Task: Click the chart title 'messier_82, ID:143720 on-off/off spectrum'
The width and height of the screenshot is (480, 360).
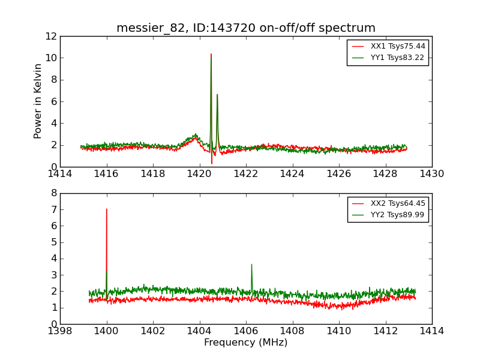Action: pyautogui.click(x=246, y=28)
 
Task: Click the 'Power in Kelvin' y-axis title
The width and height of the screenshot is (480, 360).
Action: pyautogui.click(x=38, y=101)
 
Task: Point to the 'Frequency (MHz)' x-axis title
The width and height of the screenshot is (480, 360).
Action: pyautogui.click(x=246, y=343)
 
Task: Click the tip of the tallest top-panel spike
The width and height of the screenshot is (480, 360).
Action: pyautogui.click(x=211, y=54)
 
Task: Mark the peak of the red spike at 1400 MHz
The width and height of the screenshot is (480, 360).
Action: pyautogui.click(x=107, y=209)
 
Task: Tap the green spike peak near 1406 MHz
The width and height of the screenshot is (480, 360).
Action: pyautogui.click(x=251, y=265)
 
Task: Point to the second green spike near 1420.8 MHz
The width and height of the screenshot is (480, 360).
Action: pyautogui.click(x=217, y=94)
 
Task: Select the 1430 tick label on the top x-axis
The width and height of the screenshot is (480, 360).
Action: pyautogui.click(x=431, y=174)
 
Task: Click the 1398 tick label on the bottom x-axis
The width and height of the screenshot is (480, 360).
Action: pyautogui.click(x=60, y=331)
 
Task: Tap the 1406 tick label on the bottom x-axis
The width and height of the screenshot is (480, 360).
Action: pyautogui.click(x=246, y=331)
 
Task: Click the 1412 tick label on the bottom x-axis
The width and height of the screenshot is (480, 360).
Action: pyautogui.click(x=385, y=331)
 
